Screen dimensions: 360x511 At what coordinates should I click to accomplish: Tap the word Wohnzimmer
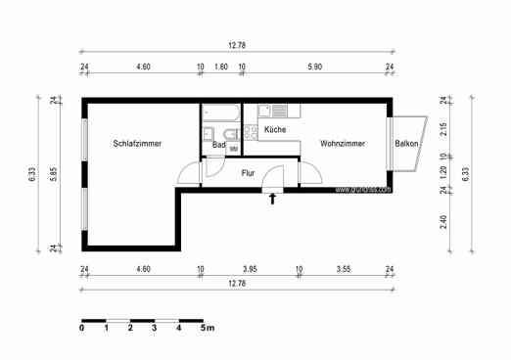tap(343, 144)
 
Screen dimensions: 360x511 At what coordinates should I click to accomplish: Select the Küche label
tap(275, 129)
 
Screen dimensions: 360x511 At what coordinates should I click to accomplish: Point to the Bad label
tap(219, 144)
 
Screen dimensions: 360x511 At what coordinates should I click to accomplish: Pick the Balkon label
tap(408, 144)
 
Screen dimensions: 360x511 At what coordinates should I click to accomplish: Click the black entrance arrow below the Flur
tap(273, 200)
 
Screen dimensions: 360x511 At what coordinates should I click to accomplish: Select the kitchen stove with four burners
tap(279, 111)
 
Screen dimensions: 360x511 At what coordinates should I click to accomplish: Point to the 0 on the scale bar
tap(82, 329)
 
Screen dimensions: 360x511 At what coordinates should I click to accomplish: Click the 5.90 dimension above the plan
tap(315, 67)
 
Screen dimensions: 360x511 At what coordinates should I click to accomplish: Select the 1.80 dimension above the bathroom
tap(220, 67)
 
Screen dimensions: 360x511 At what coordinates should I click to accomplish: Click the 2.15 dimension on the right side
tap(443, 128)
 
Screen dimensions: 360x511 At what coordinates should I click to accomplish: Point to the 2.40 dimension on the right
tap(443, 221)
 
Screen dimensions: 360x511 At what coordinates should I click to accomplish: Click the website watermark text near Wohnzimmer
tap(362, 190)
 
